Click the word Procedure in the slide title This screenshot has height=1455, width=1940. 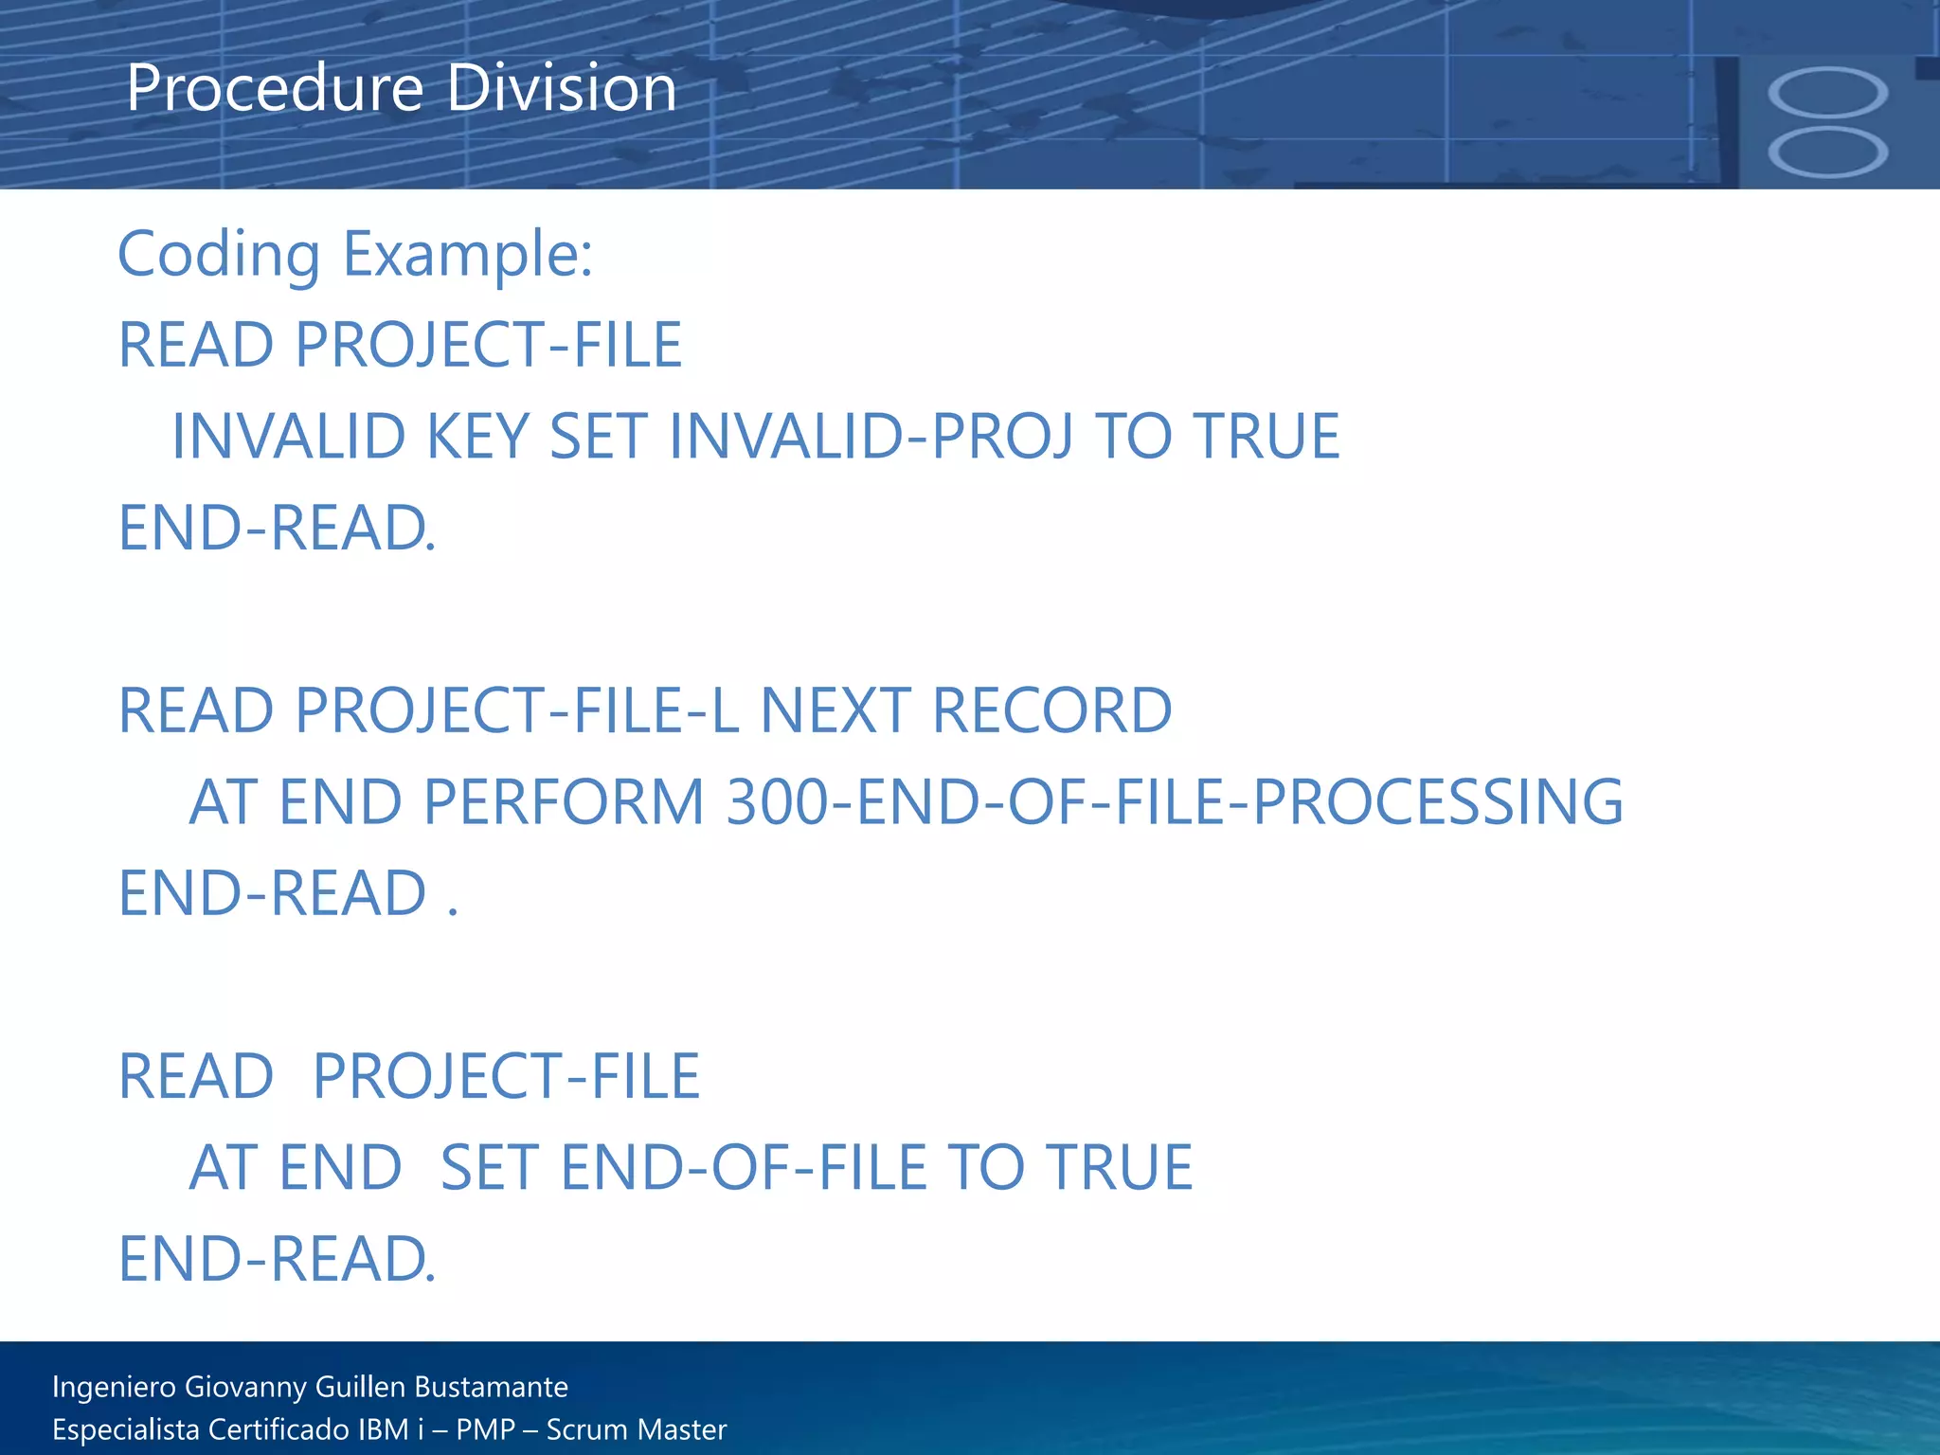tap(275, 89)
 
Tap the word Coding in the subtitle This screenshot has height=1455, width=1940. tap(219, 256)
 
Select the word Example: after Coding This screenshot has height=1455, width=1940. tap(468, 256)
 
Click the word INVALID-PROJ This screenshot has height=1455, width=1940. tap(871, 437)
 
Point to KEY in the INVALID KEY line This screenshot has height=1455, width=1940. tap(477, 437)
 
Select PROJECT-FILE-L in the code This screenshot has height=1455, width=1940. tap(517, 710)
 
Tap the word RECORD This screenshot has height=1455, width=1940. tap(1052, 710)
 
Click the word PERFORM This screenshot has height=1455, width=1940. tap(564, 802)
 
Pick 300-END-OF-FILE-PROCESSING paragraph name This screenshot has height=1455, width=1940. tap(1175, 802)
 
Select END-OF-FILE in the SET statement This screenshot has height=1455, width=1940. tap(744, 1167)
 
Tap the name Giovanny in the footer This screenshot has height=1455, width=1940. tap(247, 1387)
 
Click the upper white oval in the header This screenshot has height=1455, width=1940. tap(1827, 92)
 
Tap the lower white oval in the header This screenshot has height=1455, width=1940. tap(1827, 152)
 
